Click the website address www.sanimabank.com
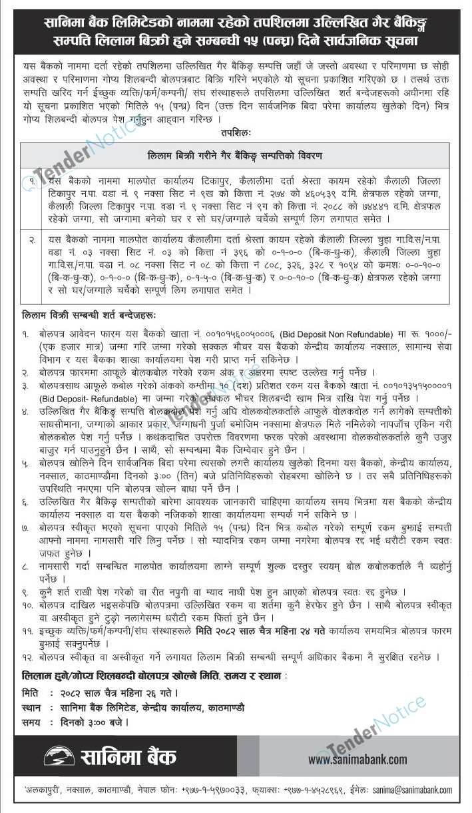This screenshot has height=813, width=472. pyautogui.click(x=357, y=759)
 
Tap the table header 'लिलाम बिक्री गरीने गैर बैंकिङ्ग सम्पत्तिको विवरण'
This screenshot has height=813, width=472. pyautogui.click(x=234, y=156)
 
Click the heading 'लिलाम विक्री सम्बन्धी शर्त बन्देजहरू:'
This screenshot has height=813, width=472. pyautogui.click(x=89, y=314)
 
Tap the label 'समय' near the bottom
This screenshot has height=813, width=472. pyautogui.click(x=31, y=721)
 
